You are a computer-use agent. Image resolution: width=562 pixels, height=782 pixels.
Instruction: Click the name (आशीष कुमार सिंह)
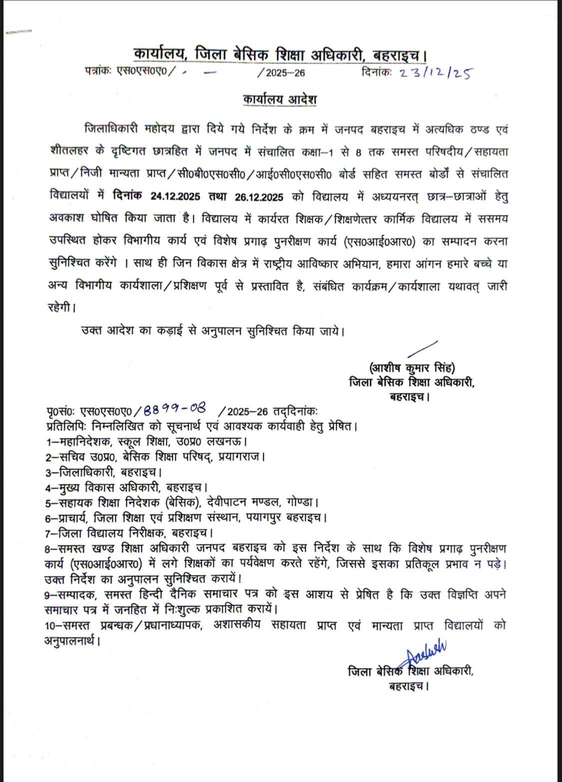[x=412, y=368]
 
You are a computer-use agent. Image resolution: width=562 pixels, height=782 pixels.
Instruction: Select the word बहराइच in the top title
[x=398, y=53]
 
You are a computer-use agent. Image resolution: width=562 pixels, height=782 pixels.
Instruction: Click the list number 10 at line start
[x=50, y=626]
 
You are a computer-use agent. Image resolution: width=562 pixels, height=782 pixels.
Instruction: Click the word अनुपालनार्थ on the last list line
[x=70, y=640]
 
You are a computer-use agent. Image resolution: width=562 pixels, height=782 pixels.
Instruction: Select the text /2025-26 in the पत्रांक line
[x=281, y=73]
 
